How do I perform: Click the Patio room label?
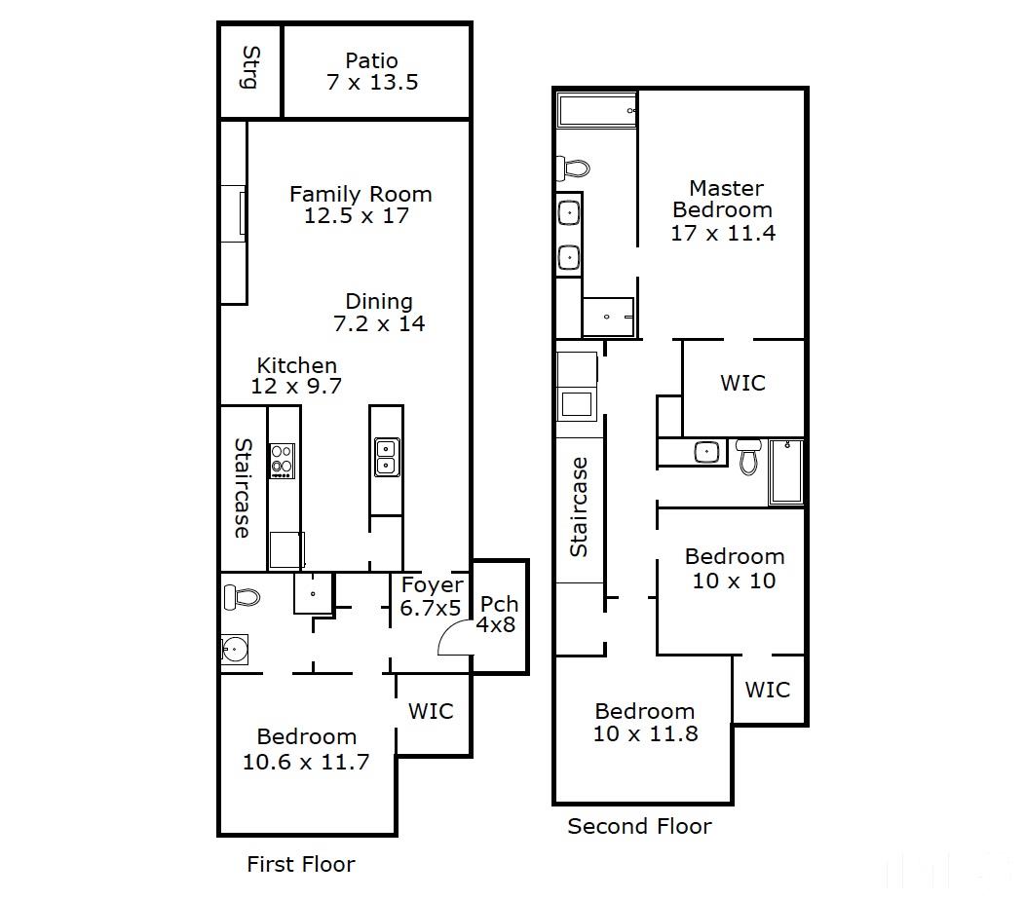[x=371, y=60]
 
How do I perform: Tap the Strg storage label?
[x=250, y=67]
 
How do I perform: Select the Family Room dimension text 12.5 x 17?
[x=357, y=215]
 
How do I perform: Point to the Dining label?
[x=379, y=301]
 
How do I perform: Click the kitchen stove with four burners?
[x=283, y=461]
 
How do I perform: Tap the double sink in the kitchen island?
[x=387, y=457]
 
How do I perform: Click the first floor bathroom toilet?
[x=242, y=597]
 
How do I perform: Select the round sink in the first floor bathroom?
[x=234, y=650]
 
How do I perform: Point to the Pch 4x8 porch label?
[x=497, y=615]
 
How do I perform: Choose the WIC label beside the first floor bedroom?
[x=431, y=711]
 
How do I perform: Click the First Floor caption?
[x=301, y=864]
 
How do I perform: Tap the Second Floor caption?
[x=639, y=826]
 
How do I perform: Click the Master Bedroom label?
[x=723, y=199]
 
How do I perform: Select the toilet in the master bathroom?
[x=573, y=168]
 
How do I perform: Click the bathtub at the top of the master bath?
[x=597, y=109]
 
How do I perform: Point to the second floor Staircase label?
[x=579, y=507]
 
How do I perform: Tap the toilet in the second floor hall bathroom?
[x=748, y=456]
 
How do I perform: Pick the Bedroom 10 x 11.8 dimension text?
[x=645, y=734]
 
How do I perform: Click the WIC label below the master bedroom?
[x=742, y=383]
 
